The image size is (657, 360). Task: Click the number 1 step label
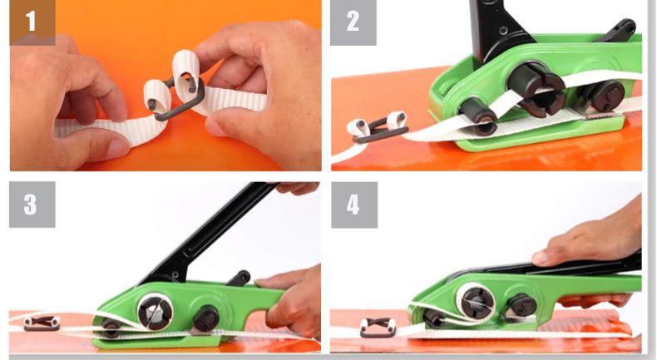[32, 22]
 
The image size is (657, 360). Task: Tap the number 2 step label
[353, 22]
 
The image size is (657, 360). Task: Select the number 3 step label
[32, 205]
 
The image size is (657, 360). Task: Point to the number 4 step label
[354, 205]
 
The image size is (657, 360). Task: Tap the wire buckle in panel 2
[378, 129]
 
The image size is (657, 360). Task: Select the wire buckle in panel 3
[42, 324]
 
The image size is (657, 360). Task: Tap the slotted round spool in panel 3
[156, 312]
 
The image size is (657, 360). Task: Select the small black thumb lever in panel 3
[239, 278]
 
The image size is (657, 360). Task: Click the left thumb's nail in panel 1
[118, 148]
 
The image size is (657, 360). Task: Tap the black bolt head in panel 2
[609, 96]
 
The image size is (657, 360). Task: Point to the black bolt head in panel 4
[522, 305]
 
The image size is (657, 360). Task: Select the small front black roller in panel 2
[478, 116]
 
